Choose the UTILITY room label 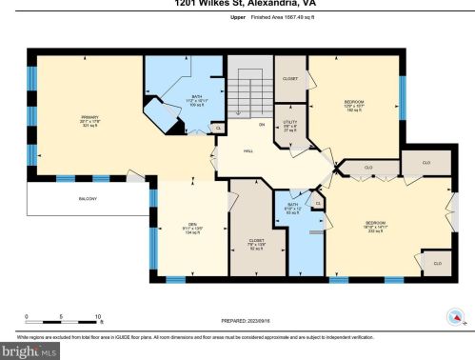289,126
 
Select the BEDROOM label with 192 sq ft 354,103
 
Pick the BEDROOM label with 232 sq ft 375,228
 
